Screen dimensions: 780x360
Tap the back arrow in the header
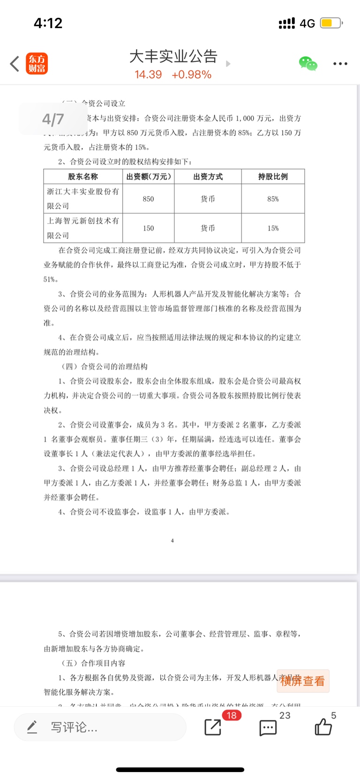point(15,64)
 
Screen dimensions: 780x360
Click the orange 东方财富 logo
point(37,64)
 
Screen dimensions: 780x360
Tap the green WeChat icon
point(308,63)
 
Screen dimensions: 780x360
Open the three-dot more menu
point(340,64)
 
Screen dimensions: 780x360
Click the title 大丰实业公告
point(173,56)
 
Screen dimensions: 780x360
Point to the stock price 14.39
point(148,75)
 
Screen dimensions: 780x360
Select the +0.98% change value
point(191,75)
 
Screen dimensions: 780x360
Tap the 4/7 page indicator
point(53,119)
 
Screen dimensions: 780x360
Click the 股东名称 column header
point(83,176)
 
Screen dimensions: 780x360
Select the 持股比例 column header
point(273,176)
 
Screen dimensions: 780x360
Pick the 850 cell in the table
point(148,199)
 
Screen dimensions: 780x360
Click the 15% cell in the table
point(273,228)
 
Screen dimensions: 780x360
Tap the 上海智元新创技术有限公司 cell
point(83,228)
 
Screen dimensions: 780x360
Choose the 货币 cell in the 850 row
point(208,199)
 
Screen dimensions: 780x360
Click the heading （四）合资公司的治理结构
point(105,366)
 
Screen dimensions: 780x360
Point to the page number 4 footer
point(172,541)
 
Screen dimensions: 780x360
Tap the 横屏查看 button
point(303,681)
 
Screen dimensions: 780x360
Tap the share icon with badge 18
point(213,727)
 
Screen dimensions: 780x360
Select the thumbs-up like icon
point(323,727)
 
